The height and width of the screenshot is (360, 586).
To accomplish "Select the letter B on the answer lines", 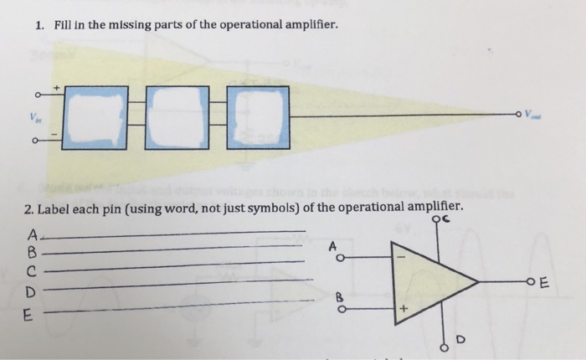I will pyautogui.click(x=33, y=251).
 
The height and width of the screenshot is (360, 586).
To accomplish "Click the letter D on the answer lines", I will pyautogui.click(x=31, y=293).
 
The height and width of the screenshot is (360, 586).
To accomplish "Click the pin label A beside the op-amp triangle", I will pyautogui.click(x=332, y=244).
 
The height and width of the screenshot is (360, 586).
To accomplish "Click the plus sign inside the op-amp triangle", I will pyautogui.click(x=402, y=310).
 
